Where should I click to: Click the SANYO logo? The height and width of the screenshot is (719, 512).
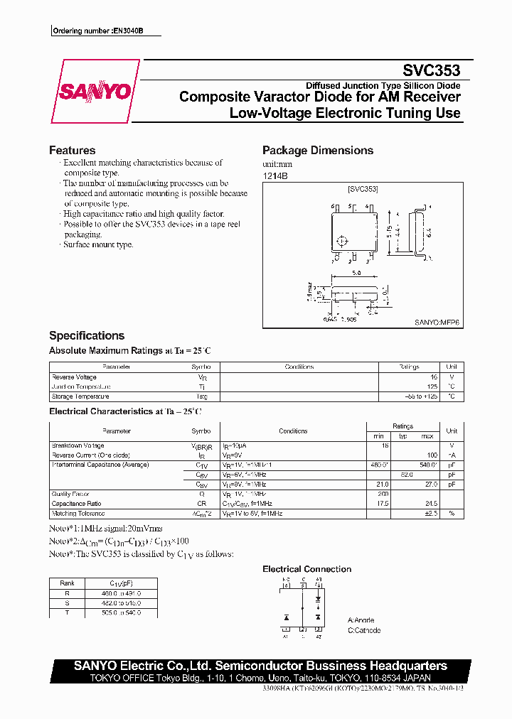(x=95, y=92)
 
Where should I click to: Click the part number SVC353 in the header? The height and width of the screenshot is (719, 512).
(x=431, y=71)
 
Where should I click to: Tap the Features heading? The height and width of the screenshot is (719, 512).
(x=72, y=151)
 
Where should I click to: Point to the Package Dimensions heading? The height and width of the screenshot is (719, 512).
(x=317, y=151)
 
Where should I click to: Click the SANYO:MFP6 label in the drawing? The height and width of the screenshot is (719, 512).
(x=437, y=322)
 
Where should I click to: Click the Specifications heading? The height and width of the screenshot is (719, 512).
(x=86, y=335)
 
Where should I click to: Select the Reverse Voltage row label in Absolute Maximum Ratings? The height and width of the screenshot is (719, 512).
(x=74, y=377)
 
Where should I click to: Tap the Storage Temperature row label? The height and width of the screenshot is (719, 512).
(x=80, y=396)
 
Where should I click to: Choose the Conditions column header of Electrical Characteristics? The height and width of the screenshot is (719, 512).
(x=293, y=431)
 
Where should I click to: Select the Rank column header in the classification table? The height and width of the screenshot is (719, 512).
(x=67, y=583)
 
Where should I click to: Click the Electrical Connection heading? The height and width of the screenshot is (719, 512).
(x=306, y=569)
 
